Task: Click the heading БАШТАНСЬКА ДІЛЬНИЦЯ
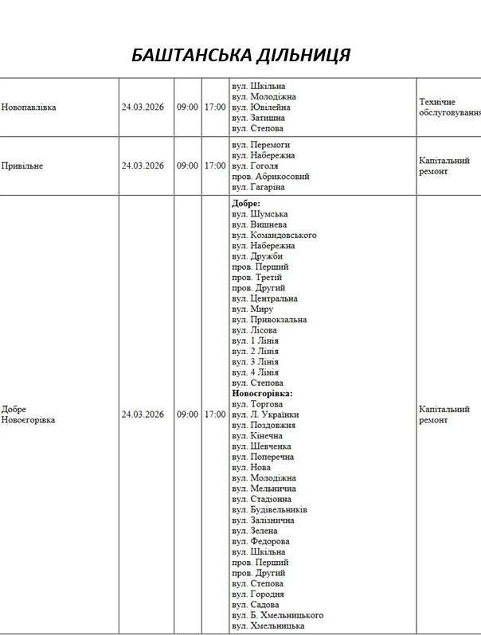click(240, 55)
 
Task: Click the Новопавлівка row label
click(29, 107)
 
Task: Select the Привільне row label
click(22, 166)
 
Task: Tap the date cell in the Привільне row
click(143, 166)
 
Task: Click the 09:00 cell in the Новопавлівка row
click(187, 107)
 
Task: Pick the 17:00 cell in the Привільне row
click(215, 166)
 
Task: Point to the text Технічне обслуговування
click(449, 107)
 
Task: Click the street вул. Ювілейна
click(260, 107)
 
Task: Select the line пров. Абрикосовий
click(270, 177)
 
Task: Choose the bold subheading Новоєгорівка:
click(262, 393)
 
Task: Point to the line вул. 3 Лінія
click(255, 361)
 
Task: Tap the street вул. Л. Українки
click(265, 415)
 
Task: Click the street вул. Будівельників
click(269, 509)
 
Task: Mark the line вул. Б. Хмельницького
click(277, 615)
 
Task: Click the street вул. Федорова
click(260, 541)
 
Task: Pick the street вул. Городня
click(257, 594)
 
